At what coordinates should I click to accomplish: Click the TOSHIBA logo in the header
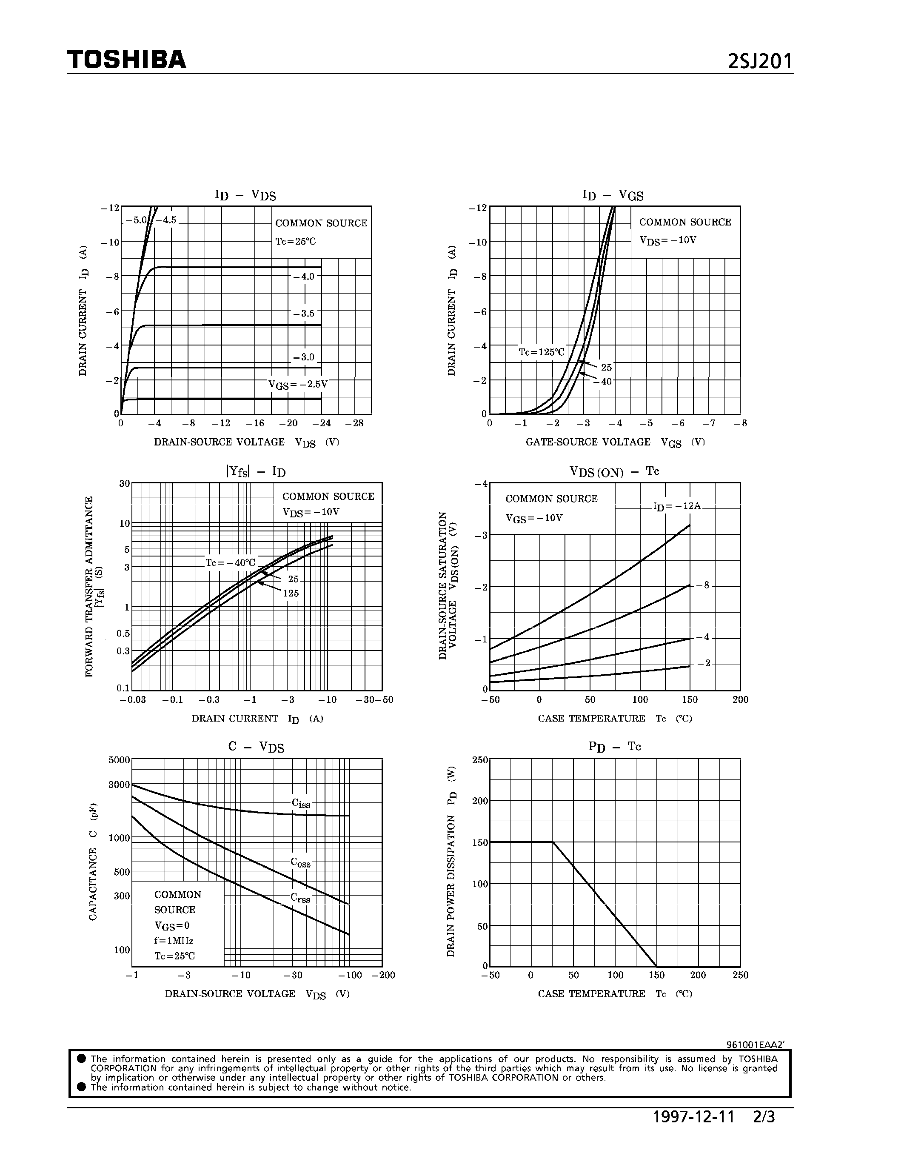pyautogui.click(x=126, y=60)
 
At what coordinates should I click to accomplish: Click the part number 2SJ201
pyautogui.click(x=759, y=62)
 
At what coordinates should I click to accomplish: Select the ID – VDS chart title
pyautogui.click(x=245, y=195)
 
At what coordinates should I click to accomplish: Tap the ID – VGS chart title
pyautogui.click(x=613, y=195)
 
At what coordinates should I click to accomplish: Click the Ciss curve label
pyautogui.click(x=301, y=803)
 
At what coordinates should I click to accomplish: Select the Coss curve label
pyautogui.click(x=300, y=862)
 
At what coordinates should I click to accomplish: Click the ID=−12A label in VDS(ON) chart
pyautogui.click(x=676, y=506)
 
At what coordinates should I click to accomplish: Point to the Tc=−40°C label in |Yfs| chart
pyautogui.click(x=230, y=562)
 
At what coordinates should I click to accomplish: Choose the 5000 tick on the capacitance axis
pyautogui.click(x=119, y=759)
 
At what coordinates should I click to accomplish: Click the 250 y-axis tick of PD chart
pyautogui.click(x=480, y=759)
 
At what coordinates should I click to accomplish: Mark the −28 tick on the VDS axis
pyautogui.click(x=354, y=423)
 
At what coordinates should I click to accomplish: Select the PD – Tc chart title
pyautogui.click(x=614, y=746)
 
